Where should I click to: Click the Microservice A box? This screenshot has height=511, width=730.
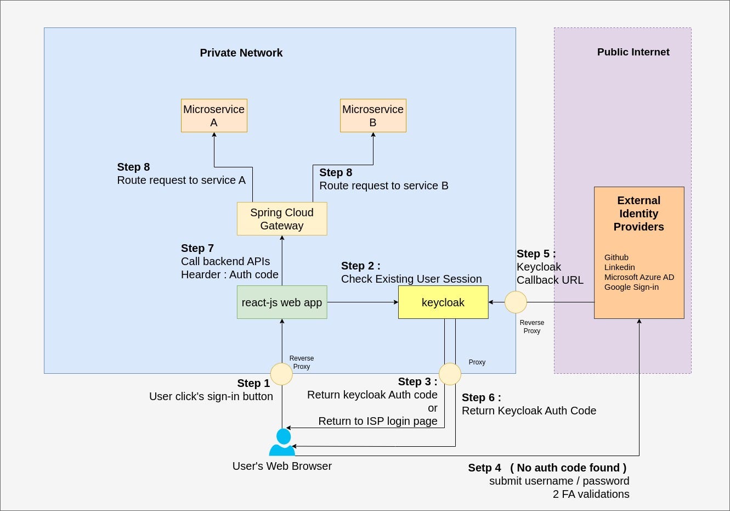point(214,116)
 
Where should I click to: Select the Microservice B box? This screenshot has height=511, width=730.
point(373,116)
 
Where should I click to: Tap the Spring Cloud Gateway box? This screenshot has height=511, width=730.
point(282,219)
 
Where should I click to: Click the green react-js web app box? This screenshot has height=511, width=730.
point(282,302)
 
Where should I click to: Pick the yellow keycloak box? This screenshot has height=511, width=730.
point(443,302)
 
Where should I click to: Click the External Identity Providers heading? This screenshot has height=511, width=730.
point(638,214)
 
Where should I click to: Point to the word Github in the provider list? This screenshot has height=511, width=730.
point(616,257)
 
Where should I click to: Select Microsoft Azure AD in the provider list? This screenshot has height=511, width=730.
point(639,277)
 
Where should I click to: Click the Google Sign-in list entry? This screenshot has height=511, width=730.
point(631,287)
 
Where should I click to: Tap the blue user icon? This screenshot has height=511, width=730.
point(282,443)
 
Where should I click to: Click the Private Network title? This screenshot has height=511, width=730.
point(241,53)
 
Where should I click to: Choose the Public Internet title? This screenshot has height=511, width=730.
point(633,52)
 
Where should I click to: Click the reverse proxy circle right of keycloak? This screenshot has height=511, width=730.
point(516,302)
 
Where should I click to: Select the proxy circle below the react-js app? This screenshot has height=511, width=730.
point(282,374)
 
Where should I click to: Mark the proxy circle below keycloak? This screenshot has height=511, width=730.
point(450,374)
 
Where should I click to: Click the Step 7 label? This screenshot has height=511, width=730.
point(197,248)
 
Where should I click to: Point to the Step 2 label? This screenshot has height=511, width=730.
point(360,266)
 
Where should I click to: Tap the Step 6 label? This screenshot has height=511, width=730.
point(481,397)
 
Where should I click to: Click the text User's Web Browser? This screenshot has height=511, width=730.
point(282,466)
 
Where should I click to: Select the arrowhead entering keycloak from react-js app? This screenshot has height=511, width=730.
point(395,302)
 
